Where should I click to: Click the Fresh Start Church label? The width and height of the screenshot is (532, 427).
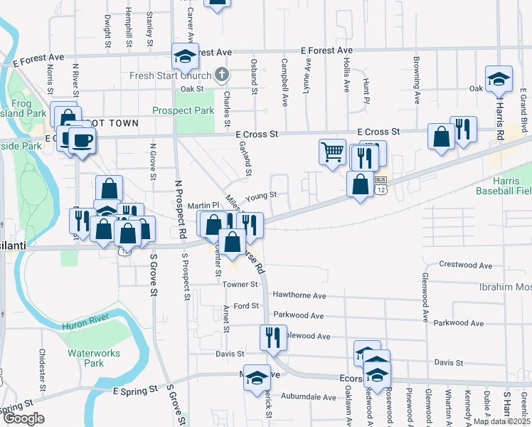coord(170,76)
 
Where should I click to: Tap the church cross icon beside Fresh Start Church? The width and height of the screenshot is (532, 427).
coord(222,75)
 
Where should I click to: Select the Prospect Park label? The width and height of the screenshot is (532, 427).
coord(183,110)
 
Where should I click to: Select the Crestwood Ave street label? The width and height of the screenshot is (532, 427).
coord(466,265)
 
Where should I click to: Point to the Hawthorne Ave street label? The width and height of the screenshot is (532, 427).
coord(299,295)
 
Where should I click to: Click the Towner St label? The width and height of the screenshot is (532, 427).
coord(239,285)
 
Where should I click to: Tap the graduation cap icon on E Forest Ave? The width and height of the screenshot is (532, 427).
coord(184,56)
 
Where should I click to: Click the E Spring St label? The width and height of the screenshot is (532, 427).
coord(135,391)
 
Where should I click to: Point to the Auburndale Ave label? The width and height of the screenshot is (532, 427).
coord(308,397)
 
